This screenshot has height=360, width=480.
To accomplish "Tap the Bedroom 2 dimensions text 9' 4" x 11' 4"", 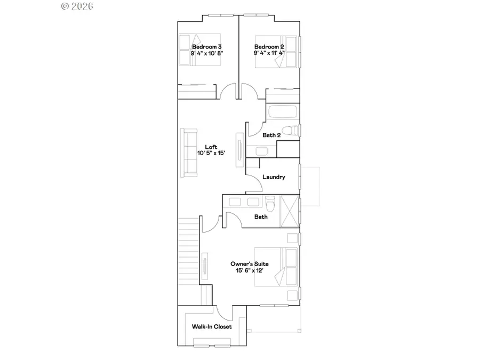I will tap(269, 53).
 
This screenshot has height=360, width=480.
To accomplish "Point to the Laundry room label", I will tap(274, 177).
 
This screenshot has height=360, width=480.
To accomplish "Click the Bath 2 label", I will tap(271, 135).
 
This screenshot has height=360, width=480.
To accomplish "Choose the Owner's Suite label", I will tap(249, 264).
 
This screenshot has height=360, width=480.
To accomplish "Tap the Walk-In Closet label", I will tap(212, 327).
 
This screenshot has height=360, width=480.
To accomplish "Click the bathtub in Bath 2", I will tap(283, 113).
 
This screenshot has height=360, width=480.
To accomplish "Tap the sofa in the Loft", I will tap(189, 153).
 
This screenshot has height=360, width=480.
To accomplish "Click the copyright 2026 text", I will tap(78, 6).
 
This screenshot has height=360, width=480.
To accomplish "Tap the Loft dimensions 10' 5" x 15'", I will tap(211, 154).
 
